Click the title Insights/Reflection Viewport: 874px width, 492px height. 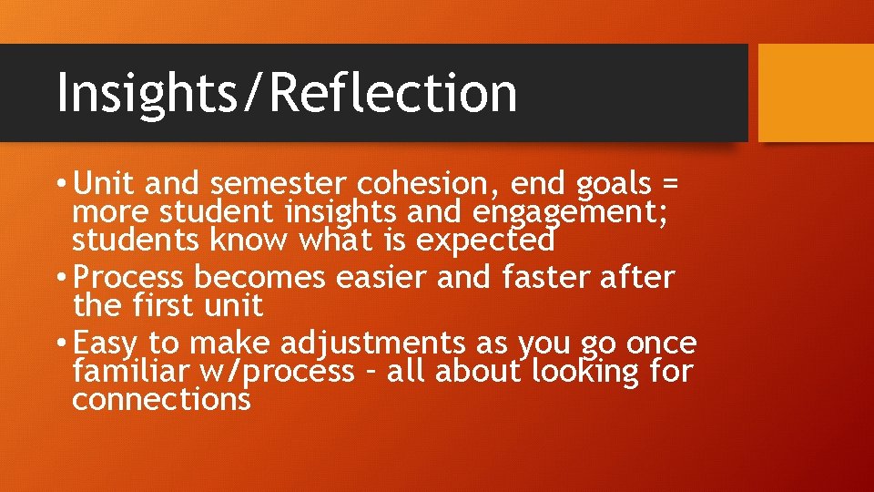(x=287, y=92)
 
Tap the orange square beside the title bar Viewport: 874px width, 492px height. (x=816, y=93)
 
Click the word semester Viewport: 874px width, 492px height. (x=281, y=184)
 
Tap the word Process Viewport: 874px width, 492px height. (x=128, y=277)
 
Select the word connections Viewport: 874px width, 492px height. (x=160, y=399)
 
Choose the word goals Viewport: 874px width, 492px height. (x=614, y=185)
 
